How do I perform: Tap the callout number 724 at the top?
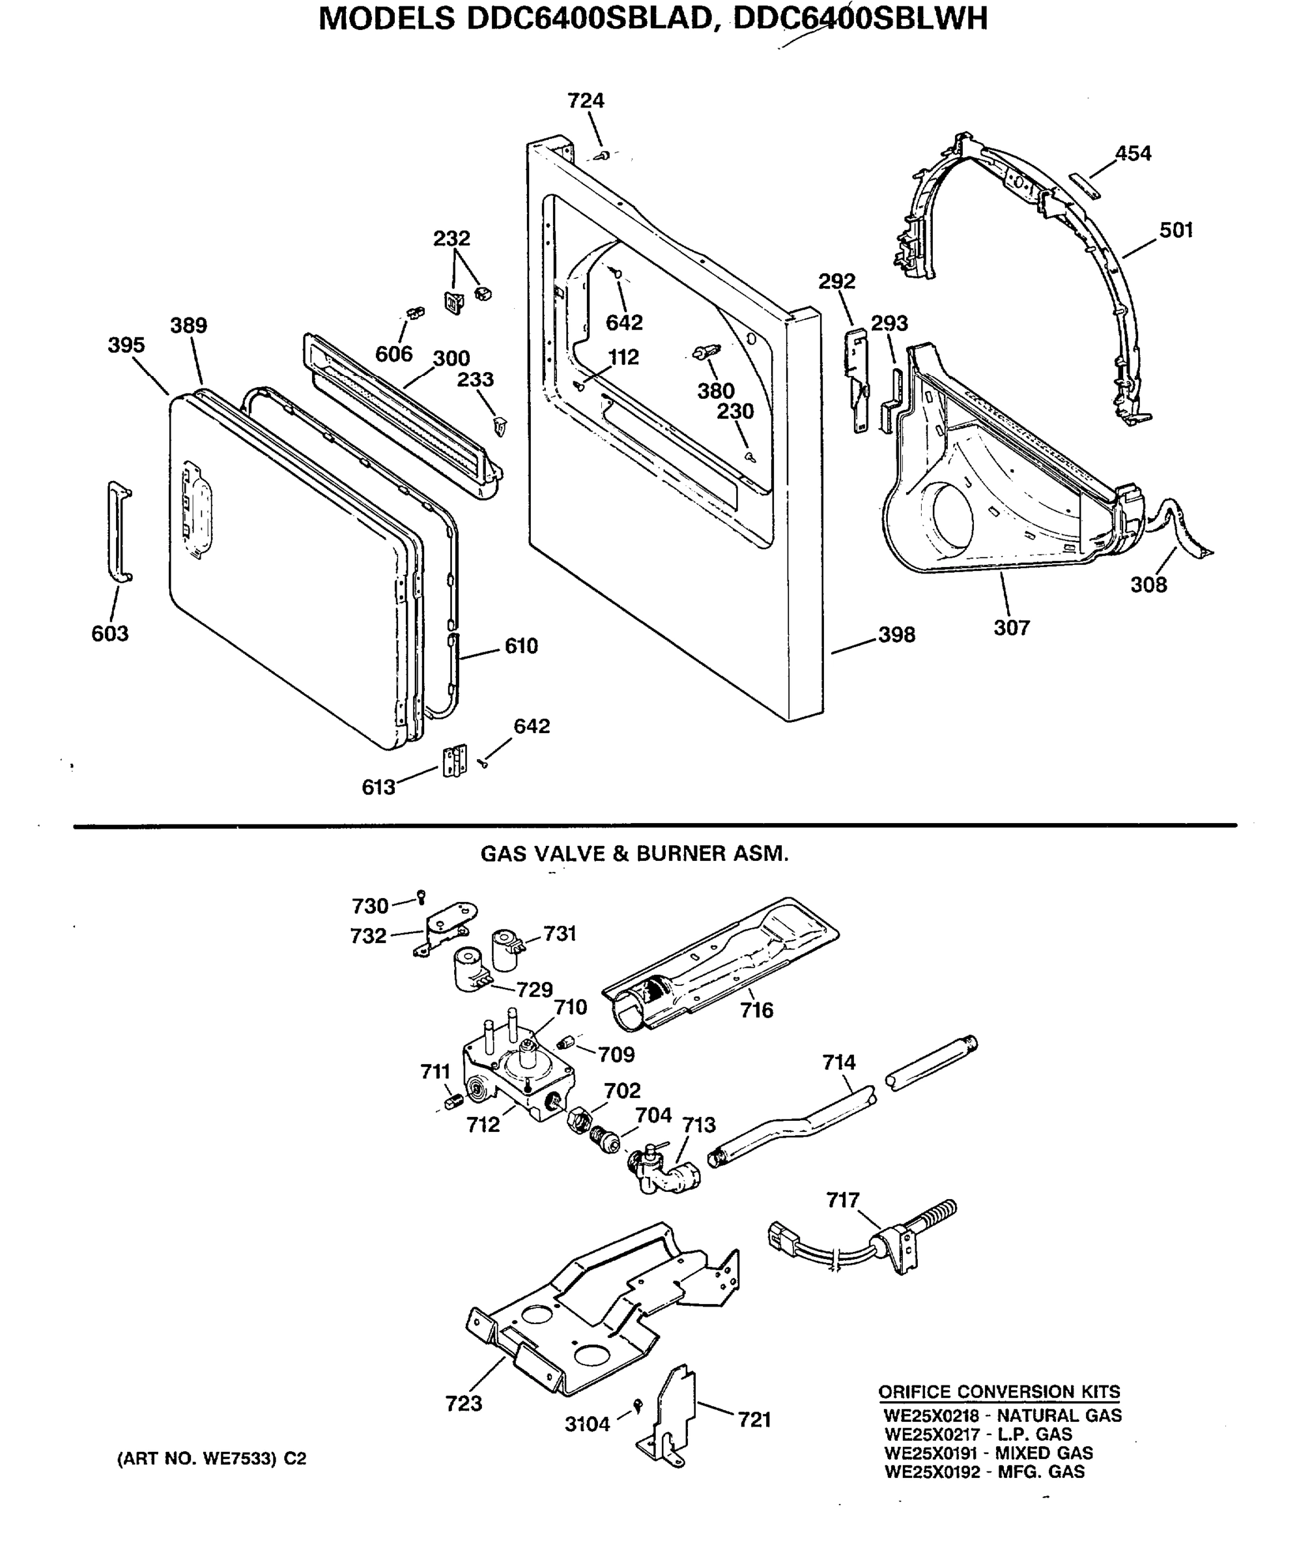[x=585, y=100]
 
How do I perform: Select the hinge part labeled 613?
[x=454, y=760]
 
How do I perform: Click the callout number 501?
[x=1176, y=230]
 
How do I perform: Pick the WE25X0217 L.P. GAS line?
[x=978, y=1434]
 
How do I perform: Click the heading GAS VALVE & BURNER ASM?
[x=634, y=854]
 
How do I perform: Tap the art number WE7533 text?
[x=212, y=1459]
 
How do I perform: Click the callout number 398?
[x=896, y=635]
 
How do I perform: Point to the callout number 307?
[x=1011, y=628]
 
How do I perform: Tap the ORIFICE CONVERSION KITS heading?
[x=999, y=1391]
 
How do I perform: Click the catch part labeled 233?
[x=500, y=426]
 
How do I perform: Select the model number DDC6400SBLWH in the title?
[x=861, y=19]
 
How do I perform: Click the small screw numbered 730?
[x=421, y=896]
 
